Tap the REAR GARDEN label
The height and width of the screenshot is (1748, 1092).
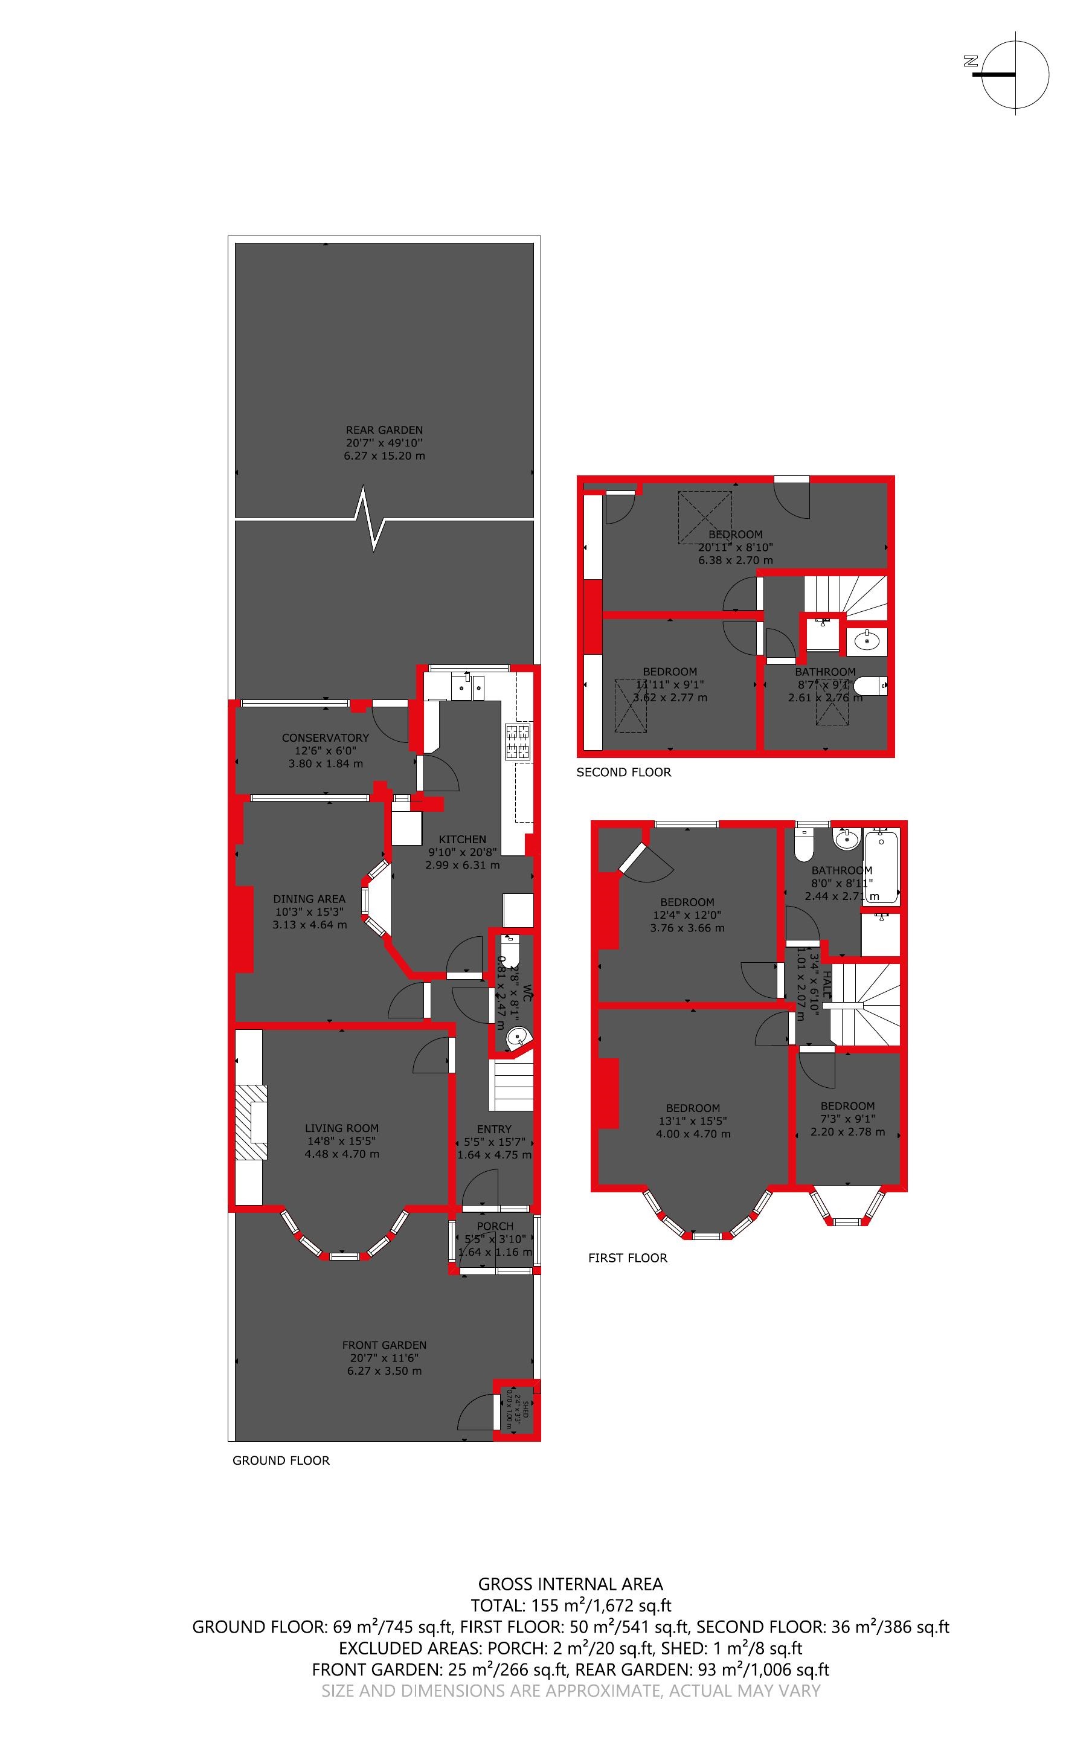(384, 429)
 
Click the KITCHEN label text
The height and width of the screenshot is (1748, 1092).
(462, 839)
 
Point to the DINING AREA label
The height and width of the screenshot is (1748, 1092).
(309, 899)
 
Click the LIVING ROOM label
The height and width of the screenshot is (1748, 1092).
(342, 1128)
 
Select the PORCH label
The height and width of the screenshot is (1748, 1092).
(495, 1226)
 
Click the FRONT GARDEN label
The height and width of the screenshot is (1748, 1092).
(384, 1345)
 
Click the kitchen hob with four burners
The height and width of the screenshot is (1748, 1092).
(519, 742)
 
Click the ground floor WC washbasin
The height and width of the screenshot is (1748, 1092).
(516, 1038)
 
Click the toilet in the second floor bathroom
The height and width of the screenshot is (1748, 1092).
(870, 685)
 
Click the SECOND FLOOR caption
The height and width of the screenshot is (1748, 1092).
(623, 772)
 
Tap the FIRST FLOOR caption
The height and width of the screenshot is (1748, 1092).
(628, 1258)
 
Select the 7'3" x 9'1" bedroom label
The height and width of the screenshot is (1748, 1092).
(847, 1105)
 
